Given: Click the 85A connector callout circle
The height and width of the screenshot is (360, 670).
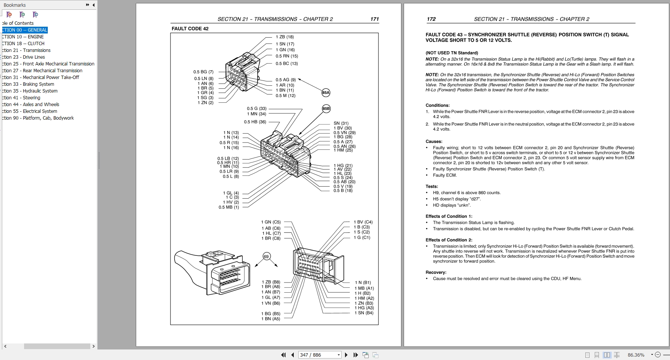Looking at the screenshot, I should (x=326, y=93).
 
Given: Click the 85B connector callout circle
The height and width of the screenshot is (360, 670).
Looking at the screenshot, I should (x=326, y=109).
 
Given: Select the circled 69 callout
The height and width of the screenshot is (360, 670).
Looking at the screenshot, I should (x=266, y=257).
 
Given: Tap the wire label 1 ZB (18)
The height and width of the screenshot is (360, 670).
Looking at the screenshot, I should (x=285, y=37).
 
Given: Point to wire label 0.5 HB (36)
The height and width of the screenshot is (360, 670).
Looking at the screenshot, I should (x=255, y=122).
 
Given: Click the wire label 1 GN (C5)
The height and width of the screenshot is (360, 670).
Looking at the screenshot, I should (x=271, y=222).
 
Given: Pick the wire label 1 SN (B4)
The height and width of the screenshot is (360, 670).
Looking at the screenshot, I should (x=364, y=313).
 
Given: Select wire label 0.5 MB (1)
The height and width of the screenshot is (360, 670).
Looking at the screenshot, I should (x=229, y=207).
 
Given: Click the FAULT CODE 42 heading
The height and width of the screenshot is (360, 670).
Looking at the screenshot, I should (x=190, y=29).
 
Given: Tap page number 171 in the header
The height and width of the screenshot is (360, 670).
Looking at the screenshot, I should (x=374, y=19).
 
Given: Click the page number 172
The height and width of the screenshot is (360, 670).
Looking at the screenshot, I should (x=431, y=19).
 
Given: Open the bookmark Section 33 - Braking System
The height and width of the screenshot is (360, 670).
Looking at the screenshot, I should (x=28, y=84).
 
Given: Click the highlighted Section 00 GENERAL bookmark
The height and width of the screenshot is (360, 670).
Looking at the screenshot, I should (x=24, y=30).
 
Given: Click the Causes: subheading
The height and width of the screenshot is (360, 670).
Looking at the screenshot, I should (x=434, y=142).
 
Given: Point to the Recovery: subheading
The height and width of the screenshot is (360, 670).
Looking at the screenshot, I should (x=436, y=272).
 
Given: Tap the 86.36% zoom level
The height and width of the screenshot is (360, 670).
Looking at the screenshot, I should (x=636, y=355).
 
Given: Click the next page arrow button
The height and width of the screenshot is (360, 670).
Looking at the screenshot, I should (x=346, y=355).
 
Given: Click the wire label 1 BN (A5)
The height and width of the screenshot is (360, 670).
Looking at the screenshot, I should (x=271, y=319).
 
